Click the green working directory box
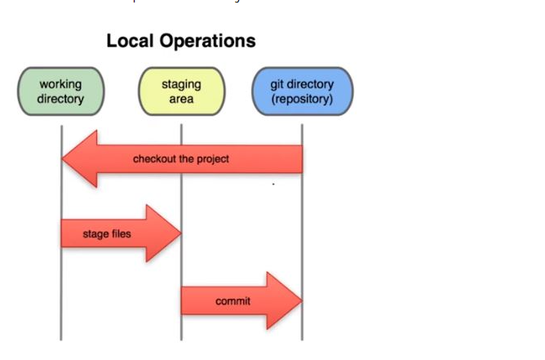(61, 91)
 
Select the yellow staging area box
(181, 91)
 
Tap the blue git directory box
(302, 91)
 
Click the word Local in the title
(132, 41)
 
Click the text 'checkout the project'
(181, 159)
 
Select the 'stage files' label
(106, 234)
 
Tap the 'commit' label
(233, 301)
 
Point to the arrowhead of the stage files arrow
(163, 234)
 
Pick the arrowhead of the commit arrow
(285, 301)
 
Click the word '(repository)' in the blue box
(302, 99)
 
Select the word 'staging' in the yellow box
(181, 85)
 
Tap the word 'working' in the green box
(61, 85)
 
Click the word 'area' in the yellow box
(181, 99)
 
